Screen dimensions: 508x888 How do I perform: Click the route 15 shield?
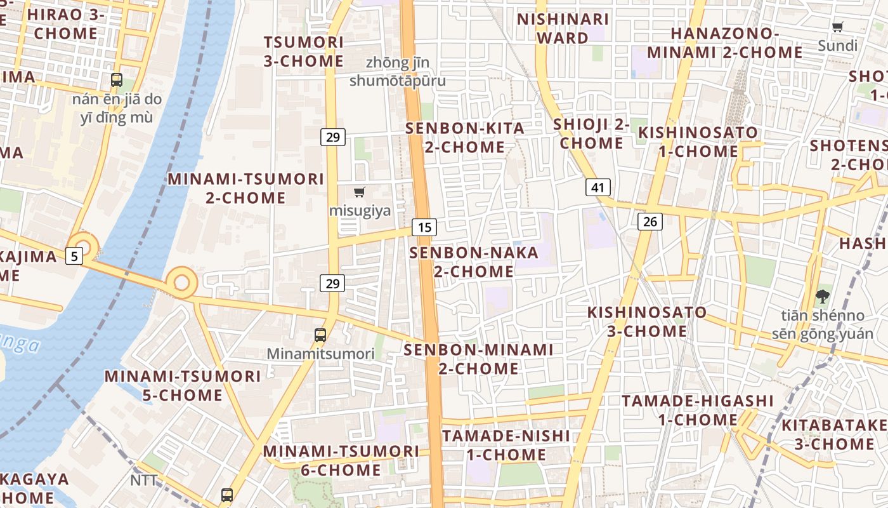tap(424, 227)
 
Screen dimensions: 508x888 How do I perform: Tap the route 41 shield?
tap(598, 187)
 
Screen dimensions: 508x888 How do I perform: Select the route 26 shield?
tap(650, 221)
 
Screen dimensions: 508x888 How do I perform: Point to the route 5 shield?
tap(75, 256)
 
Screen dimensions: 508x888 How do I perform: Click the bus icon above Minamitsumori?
tap(320, 335)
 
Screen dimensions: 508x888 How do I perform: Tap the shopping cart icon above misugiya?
tap(360, 192)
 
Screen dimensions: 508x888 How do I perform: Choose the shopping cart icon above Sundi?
tap(837, 27)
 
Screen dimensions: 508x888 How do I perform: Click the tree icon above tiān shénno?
tap(822, 295)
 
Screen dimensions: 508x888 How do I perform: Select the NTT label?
tap(143, 480)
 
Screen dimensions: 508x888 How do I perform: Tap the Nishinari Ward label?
tap(563, 29)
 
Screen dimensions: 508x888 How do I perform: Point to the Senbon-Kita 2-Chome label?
tap(465, 138)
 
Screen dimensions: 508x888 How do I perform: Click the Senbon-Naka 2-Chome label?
tap(474, 262)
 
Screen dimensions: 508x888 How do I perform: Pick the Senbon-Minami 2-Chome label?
tap(479, 359)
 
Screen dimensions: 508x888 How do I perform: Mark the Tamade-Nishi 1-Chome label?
tap(506, 445)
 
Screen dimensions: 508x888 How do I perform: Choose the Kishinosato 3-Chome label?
tap(647, 322)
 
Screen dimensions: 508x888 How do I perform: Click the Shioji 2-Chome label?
tap(591, 133)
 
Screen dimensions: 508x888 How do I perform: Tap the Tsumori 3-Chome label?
tap(304, 51)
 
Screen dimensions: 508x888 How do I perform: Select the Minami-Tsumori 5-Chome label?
tap(183, 385)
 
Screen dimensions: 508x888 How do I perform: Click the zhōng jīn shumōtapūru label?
tap(398, 72)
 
